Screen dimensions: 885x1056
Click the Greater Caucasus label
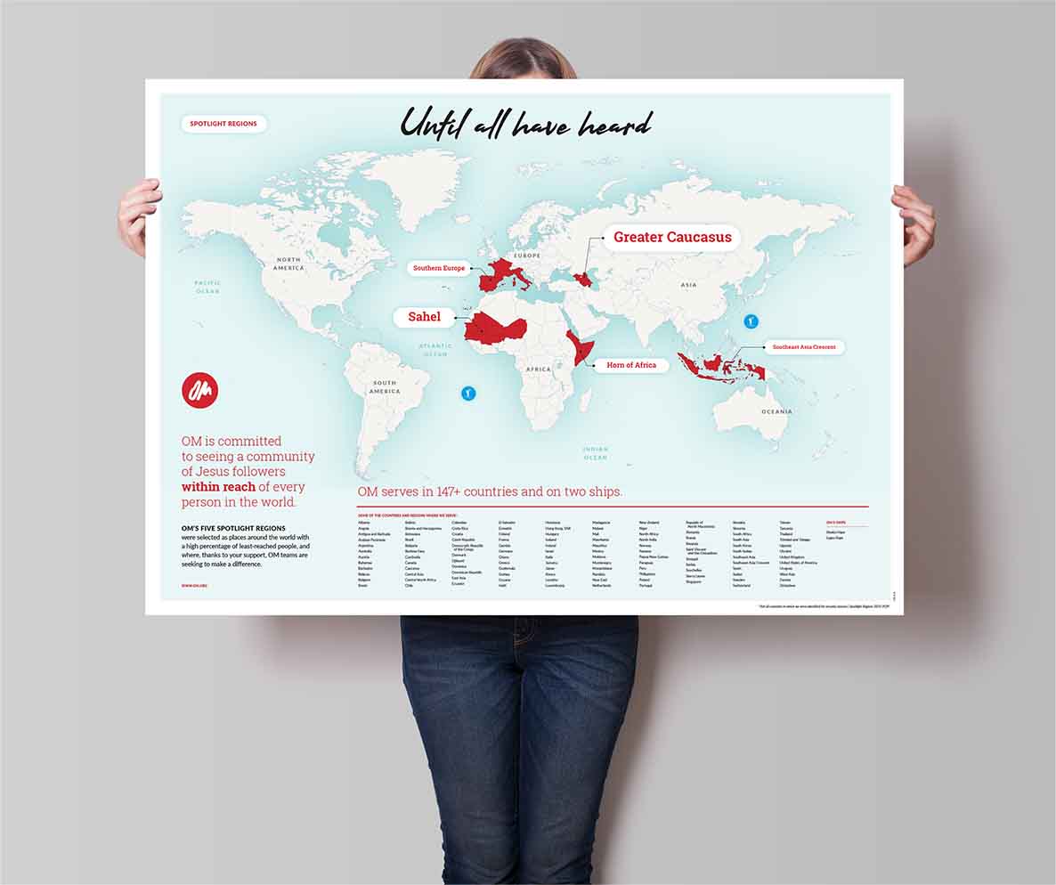(x=672, y=238)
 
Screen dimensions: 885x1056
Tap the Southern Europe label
(x=439, y=268)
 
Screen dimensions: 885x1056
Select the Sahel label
(x=424, y=317)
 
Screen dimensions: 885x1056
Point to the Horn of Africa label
(x=631, y=365)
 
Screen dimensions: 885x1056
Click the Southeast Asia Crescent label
(x=803, y=347)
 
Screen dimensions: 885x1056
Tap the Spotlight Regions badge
(x=223, y=124)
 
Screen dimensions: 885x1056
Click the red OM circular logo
(x=199, y=390)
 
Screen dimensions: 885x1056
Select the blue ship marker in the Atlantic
(x=468, y=393)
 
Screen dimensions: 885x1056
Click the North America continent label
(x=288, y=264)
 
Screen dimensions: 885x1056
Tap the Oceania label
(x=776, y=411)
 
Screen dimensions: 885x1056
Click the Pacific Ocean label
(x=207, y=287)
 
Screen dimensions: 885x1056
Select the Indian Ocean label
(x=596, y=453)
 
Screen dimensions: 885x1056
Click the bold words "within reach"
(x=218, y=487)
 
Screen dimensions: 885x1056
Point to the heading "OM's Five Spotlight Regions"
(x=233, y=528)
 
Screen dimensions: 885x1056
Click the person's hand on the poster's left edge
(x=139, y=214)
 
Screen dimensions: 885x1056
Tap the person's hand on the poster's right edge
(x=914, y=223)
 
